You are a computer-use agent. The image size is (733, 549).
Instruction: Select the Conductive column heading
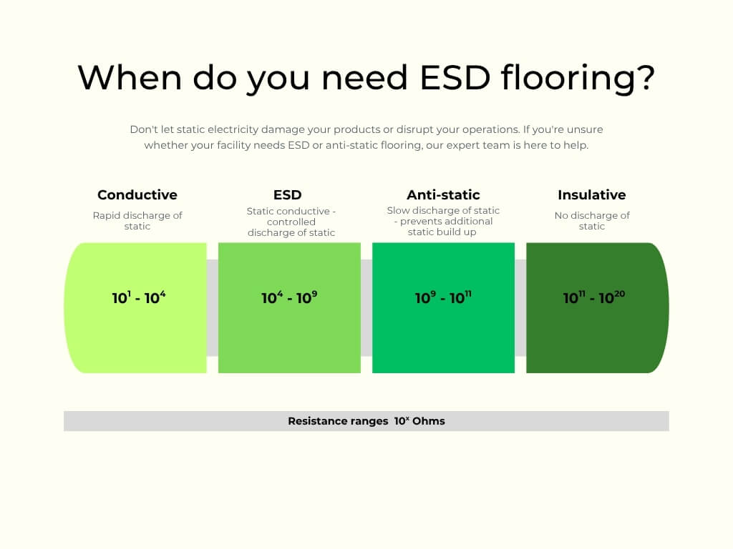coord(137,194)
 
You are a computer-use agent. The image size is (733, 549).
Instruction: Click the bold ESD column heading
coord(287,194)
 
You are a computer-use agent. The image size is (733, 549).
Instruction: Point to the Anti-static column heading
coord(443,194)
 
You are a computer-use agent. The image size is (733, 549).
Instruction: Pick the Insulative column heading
coord(591,194)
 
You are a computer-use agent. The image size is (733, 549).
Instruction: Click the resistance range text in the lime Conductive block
coord(139,297)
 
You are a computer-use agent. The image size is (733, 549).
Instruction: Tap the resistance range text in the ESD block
coord(289,297)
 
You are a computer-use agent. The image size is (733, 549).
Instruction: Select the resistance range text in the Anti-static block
coord(443,297)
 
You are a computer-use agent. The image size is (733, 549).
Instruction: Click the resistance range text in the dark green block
coord(594,297)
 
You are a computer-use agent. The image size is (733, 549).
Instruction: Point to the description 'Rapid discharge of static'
coord(137,221)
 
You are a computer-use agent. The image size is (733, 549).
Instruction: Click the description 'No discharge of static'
coord(592,221)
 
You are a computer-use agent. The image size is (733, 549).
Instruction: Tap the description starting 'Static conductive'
coord(291,222)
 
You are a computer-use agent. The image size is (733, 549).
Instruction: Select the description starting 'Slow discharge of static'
coord(443,221)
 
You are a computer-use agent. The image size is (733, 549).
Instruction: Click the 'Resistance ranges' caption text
coord(338,421)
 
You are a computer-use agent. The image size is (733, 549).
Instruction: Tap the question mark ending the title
coord(644,77)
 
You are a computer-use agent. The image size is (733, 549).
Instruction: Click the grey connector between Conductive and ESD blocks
coord(212,307)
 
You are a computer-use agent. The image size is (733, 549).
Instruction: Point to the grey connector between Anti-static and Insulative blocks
coord(520,307)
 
